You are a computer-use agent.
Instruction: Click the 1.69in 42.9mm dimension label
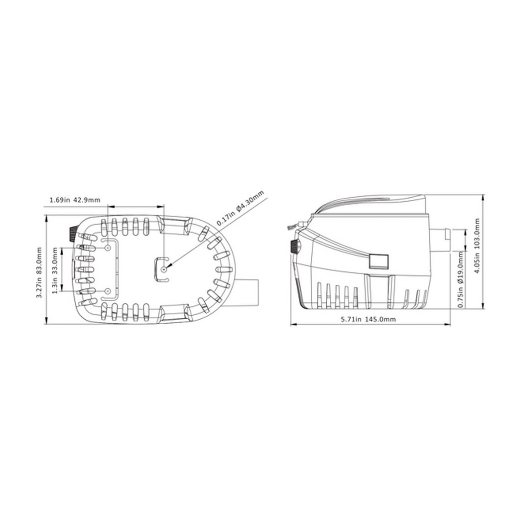point(75,200)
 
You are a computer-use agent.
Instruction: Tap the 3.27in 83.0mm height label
point(39,272)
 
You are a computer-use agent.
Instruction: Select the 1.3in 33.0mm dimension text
point(55,270)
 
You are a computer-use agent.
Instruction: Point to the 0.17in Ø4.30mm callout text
point(240,209)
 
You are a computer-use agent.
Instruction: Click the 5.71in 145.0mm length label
point(369,319)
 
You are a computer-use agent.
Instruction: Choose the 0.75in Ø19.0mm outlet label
point(461,280)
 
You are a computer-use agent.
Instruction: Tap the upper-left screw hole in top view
point(108,248)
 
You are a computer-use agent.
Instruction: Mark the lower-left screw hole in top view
point(108,291)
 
